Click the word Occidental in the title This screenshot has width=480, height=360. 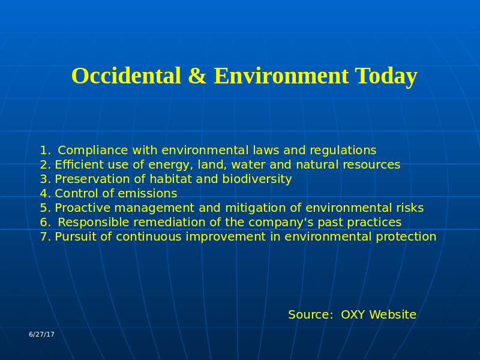pos(126,76)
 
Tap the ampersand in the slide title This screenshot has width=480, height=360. pos(197,76)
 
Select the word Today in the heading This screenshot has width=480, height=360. pos(386,77)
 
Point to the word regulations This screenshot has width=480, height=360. pos(343,151)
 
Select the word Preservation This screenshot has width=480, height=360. pos(92,179)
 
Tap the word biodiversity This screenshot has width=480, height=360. pos(257,179)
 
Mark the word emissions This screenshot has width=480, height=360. pos(148,193)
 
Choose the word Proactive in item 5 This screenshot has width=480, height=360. pos(83,208)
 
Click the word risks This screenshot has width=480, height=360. pos(410,208)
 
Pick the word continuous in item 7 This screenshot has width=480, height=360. pos(149,237)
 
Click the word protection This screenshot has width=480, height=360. pos(406,237)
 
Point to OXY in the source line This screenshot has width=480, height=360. pos(353,314)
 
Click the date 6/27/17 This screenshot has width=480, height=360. pos(41,334)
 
